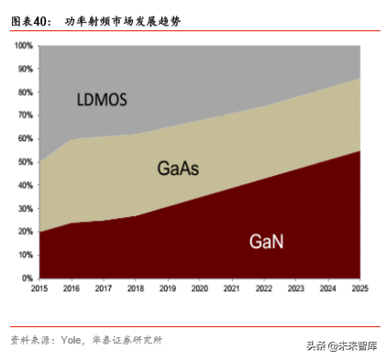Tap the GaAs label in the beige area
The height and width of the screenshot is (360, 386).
(179, 169)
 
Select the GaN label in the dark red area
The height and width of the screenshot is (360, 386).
(268, 242)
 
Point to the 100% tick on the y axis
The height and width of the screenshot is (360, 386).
(23, 45)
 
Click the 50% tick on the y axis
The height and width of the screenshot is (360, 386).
(25, 161)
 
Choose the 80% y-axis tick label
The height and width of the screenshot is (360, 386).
(25, 92)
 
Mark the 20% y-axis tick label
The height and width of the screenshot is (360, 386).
(25, 231)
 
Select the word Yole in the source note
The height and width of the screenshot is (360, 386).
(72, 340)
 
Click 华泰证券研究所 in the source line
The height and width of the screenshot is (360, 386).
(129, 340)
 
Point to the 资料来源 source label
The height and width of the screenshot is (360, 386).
(30, 340)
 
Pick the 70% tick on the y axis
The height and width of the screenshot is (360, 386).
(25, 115)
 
